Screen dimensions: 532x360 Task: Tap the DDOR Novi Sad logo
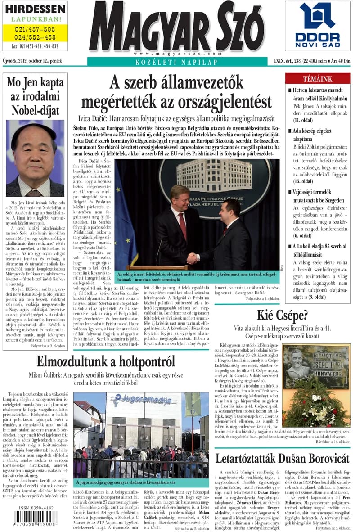click(x=318, y=26)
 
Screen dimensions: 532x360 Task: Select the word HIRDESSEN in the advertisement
click(x=35, y=9)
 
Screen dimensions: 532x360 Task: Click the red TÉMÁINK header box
click(x=318, y=79)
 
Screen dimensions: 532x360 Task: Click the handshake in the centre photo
click(x=193, y=258)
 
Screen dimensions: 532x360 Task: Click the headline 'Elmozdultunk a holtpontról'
click(x=105, y=361)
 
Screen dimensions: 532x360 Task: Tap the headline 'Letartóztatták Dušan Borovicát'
click(x=282, y=459)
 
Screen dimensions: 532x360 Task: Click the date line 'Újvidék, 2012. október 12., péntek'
click(x=32, y=60)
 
